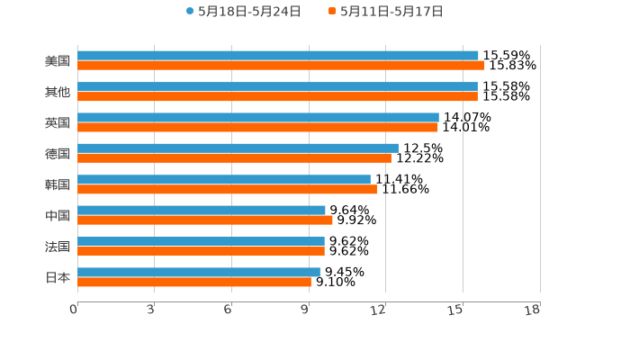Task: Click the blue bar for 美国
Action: (277, 56)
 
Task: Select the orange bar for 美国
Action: (281, 66)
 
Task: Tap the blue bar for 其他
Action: (277, 86)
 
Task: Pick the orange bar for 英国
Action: (257, 127)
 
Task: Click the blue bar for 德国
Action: (238, 148)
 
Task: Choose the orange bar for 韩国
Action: (227, 189)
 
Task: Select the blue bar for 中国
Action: (202, 210)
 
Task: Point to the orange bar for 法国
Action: (201, 251)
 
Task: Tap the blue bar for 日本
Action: (199, 272)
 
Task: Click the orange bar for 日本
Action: (194, 282)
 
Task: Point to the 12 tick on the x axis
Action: (379, 310)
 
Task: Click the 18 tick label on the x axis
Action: (533, 310)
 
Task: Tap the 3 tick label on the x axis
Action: (151, 310)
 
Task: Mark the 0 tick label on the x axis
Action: (74, 310)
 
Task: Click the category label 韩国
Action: (58, 184)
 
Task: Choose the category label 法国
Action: (58, 247)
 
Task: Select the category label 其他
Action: (58, 92)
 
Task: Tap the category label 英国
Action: (58, 122)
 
